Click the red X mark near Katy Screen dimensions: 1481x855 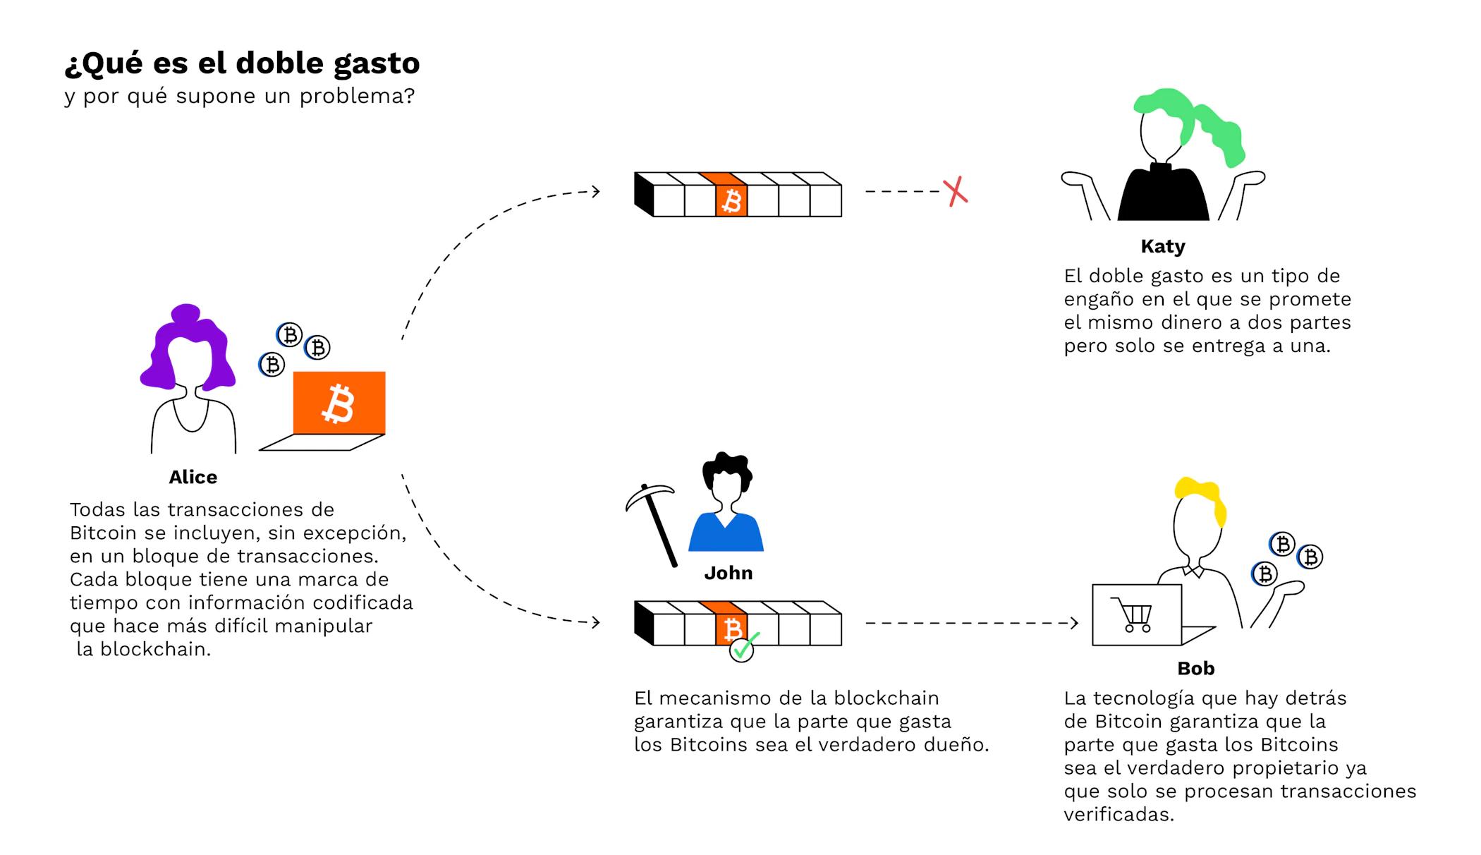(x=956, y=191)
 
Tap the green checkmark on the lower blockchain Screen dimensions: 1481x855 (x=743, y=645)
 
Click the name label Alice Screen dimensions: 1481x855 (x=193, y=477)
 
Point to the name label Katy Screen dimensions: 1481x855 (x=1163, y=246)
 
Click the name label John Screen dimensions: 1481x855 (x=728, y=573)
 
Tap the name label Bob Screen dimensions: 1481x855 (x=1195, y=668)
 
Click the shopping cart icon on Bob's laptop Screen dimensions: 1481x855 (x=1131, y=614)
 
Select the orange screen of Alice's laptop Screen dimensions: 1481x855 (x=339, y=403)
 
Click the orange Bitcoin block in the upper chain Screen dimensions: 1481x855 (x=731, y=200)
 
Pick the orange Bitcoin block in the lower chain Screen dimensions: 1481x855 (x=731, y=629)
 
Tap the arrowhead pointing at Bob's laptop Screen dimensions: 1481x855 (x=1074, y=623)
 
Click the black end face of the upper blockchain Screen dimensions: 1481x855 (x=644, y=195)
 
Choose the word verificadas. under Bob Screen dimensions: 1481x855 (x=1119, y=815)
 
